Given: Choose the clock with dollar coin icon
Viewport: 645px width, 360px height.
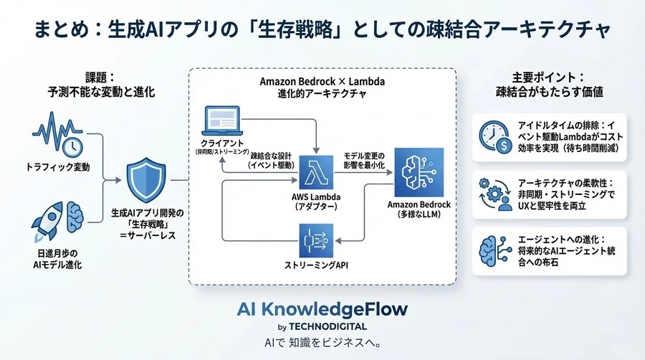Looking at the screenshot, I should [x=494, y=136].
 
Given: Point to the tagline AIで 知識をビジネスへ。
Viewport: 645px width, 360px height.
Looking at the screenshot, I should [x=322, y=341].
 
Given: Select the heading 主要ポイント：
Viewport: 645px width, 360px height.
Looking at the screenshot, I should [x=540, y=76].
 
